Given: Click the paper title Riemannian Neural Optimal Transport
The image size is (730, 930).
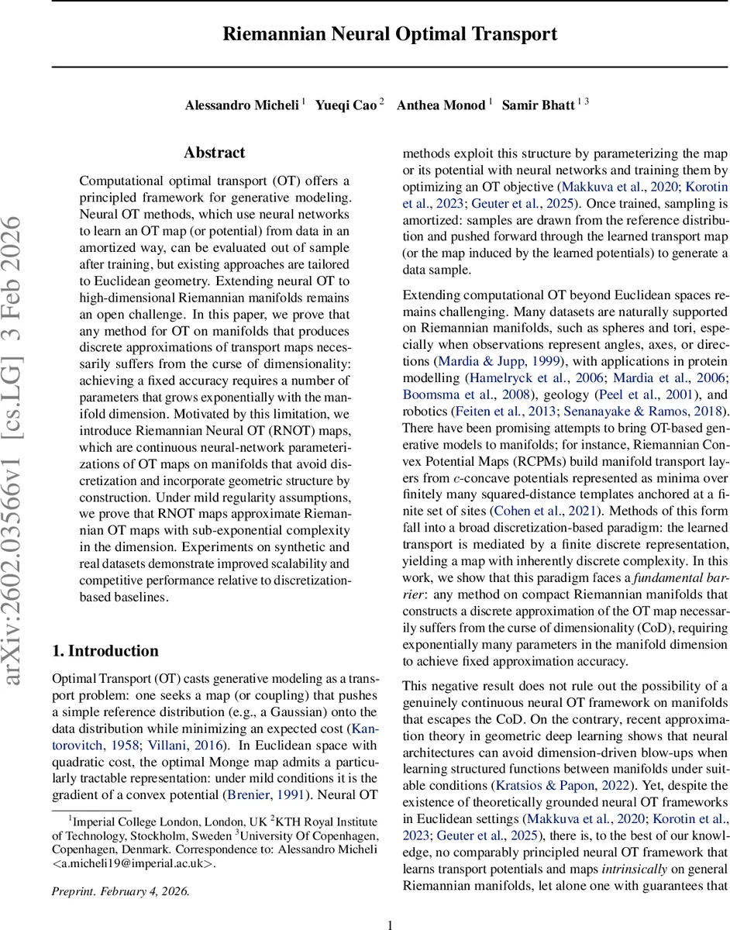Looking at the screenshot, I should click(390, 34).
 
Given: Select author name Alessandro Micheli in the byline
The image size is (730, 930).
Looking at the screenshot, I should click(241, 105).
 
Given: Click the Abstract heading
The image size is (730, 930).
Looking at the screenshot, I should click(215, 153).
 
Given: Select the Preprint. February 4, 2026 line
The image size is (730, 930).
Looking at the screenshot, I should click(120, 891).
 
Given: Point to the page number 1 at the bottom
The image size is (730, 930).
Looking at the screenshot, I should click(390, 924).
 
